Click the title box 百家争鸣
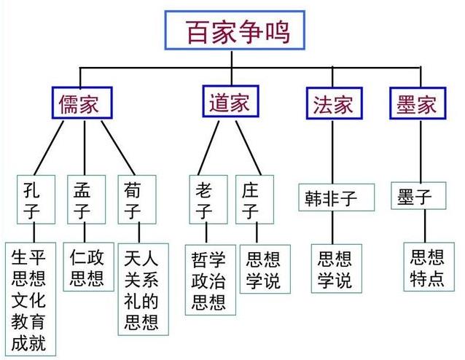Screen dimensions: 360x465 tap(232, 34)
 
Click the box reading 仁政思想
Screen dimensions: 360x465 tap(87, 267)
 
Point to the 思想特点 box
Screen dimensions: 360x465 tap(427, 267)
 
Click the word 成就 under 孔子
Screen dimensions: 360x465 tap(29, 343)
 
